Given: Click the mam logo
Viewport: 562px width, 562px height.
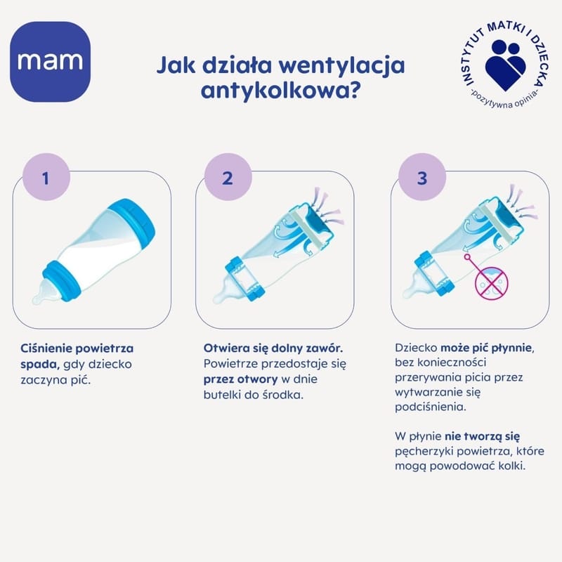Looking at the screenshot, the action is (x=50, y=62).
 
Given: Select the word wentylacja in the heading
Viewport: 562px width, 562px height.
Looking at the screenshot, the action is (x=341, y=66).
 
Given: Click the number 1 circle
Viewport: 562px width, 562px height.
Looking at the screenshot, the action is (x=46, y=177).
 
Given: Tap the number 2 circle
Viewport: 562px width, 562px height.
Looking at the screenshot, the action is (x=228, y=177).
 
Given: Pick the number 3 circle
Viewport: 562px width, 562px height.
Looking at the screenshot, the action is (x=422, y=177).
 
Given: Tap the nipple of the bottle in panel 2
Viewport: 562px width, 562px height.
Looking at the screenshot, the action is (x=226, y=291).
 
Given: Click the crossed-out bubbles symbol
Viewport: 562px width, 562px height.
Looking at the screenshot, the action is (x=491, y=283).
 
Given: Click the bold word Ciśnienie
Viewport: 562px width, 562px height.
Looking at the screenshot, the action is (x=46, y=348).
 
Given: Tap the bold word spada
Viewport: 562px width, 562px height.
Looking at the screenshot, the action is (x=39, y=365).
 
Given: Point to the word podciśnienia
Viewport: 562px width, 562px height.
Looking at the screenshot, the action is (x=430, y=407).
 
